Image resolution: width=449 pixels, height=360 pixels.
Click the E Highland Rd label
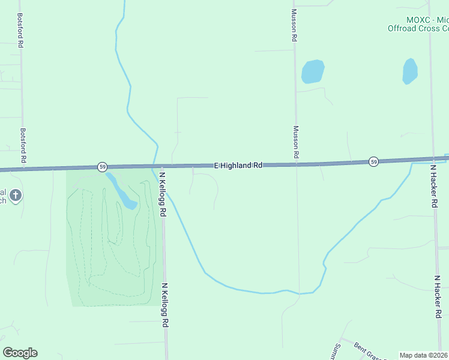(239, 165)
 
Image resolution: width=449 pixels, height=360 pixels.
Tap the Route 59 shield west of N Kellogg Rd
(103, 166)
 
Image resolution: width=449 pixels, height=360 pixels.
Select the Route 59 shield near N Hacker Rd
(373, 162)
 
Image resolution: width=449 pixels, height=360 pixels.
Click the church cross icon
(16, 195)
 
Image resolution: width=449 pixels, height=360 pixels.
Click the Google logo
(20, 353)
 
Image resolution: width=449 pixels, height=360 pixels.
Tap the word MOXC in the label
(418, 20)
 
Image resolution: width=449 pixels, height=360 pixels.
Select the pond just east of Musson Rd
(312, 71)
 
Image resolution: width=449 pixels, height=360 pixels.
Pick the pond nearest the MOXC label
(410, 71)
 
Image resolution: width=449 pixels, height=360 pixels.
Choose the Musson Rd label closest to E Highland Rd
(296, 142)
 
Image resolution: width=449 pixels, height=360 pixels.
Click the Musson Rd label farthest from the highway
(294, 25)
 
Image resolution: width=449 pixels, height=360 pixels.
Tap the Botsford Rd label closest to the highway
(23, 145)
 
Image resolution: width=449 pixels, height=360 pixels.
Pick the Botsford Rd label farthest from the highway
(20, 31)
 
